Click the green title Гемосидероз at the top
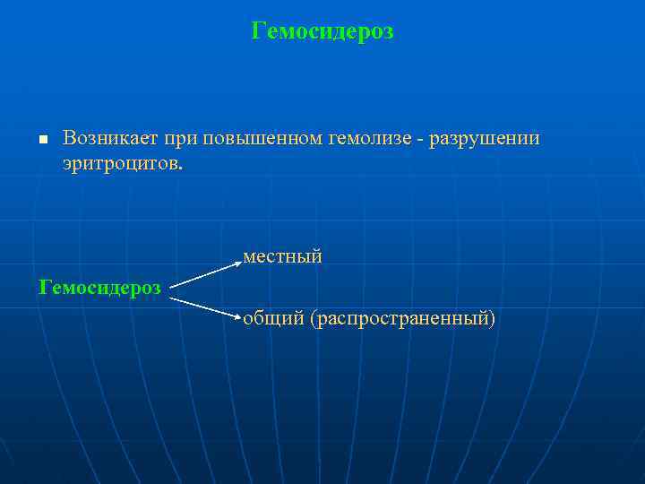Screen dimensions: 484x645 coord(322,32)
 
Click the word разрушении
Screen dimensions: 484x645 coord(485,138)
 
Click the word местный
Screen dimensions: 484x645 coord(282,257)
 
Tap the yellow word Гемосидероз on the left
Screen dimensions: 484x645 coord(100,287)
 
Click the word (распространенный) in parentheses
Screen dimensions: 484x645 coord(403,319)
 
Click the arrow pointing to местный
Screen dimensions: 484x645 coord(206,275)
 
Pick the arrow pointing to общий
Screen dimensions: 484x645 coord(206,307)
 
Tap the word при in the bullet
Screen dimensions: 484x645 coord(180,138)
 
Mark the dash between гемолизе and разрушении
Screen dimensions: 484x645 coord(420,139)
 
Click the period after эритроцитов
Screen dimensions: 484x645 coord(178,168)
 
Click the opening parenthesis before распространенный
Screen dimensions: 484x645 coord(313,319)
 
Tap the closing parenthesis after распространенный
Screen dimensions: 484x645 coord(492,319)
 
